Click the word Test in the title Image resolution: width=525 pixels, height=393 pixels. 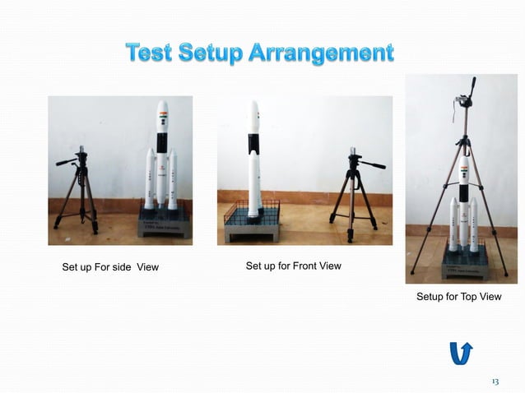click(x=154, y=55)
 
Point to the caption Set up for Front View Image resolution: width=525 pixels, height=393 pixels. click(x=293, y=266)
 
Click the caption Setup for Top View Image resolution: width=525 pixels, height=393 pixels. click(x=458, y=296)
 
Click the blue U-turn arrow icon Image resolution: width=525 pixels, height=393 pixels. click(x=461, y=352)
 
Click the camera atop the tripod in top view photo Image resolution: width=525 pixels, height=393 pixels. click(x=463, y=100)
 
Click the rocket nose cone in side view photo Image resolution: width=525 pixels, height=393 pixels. click(x=162, y=110)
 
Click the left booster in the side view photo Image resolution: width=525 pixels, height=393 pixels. click(x=150, y=181)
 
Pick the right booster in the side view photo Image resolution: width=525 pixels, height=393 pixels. click(x=173, y=181)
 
